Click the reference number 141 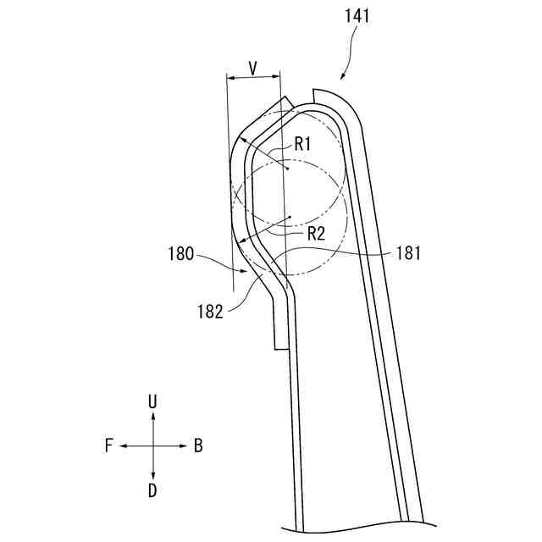tap(357, 16)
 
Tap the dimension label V tap(253, 69)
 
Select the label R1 tap(303, 144)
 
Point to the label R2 tap(316, 234)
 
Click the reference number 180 tap(180, 254)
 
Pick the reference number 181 tap(408, 253)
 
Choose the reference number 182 tap(210, 312)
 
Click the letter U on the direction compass tap(152, 401)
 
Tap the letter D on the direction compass tap(152, 490)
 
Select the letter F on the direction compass tap(109, 445)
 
